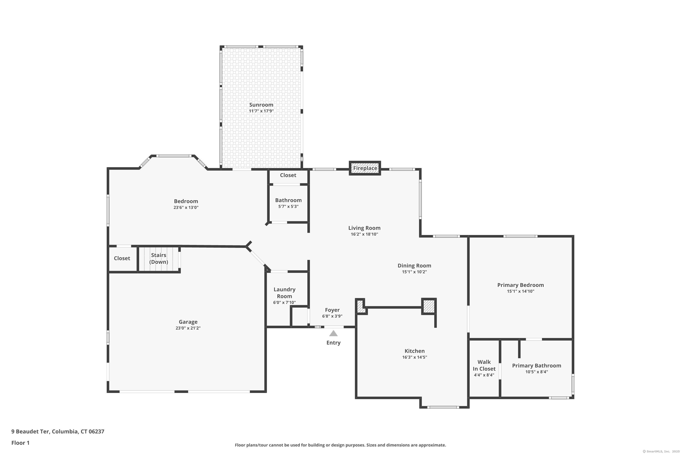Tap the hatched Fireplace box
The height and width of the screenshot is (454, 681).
[x=365, y=168]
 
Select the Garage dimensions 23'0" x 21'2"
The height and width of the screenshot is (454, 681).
[x=188, y=328]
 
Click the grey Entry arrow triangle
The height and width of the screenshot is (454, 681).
[x=333, y=333]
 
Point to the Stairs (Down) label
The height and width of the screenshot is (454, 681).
[x=159, y=258]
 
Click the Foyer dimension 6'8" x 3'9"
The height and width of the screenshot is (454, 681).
[x=332, y=316]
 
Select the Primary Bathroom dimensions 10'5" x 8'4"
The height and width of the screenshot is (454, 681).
[x=537, y=372]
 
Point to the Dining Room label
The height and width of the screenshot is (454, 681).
[x=414, y=266]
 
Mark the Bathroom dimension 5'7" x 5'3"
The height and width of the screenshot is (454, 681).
[x=288, y=206]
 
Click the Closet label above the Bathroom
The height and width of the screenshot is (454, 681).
[x=288, y=175]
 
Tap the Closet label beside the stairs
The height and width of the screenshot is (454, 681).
[x=122, y=258]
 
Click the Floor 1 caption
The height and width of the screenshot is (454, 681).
[x=20, y=443]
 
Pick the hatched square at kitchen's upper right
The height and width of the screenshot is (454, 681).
[x=429, y=306]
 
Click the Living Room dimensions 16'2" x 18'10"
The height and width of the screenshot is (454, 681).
[x=364, y=234]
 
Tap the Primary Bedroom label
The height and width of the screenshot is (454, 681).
[x=520, y=285]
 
